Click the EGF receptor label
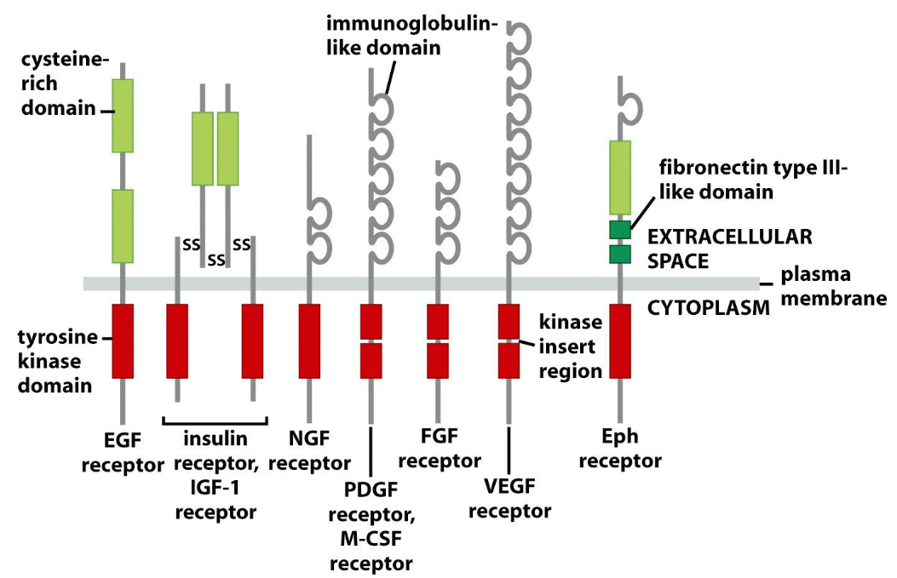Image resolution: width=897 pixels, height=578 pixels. tap(123, 452)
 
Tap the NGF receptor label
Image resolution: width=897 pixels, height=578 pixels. tap(309, 450)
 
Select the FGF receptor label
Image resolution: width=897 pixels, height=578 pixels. tap(440, 449)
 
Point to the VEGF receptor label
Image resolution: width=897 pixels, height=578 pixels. tap(509, 498)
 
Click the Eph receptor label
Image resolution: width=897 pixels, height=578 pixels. tap(620, 449)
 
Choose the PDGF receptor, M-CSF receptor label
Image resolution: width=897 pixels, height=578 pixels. tap(371, 526)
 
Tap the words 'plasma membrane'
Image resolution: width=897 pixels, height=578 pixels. tap(833, 286)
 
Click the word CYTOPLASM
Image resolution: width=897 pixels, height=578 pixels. tap(709, 308)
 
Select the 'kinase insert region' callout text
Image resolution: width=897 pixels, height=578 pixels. tap(571, 346)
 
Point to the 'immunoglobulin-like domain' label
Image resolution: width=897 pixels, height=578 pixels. tap(412, 36)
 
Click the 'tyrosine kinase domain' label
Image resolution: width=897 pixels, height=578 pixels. tap(57, 361)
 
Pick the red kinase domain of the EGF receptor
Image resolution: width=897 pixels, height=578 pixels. tap(123, 341)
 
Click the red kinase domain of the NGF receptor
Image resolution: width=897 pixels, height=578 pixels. tap(309, 341)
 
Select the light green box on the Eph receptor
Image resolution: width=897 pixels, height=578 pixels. tap(620, 178)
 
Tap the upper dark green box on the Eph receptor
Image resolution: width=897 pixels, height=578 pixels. tap(620, 230)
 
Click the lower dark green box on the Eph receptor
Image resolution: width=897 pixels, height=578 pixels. tap(620, 255)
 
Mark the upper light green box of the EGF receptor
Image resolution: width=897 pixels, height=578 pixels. tap(123, 116)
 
